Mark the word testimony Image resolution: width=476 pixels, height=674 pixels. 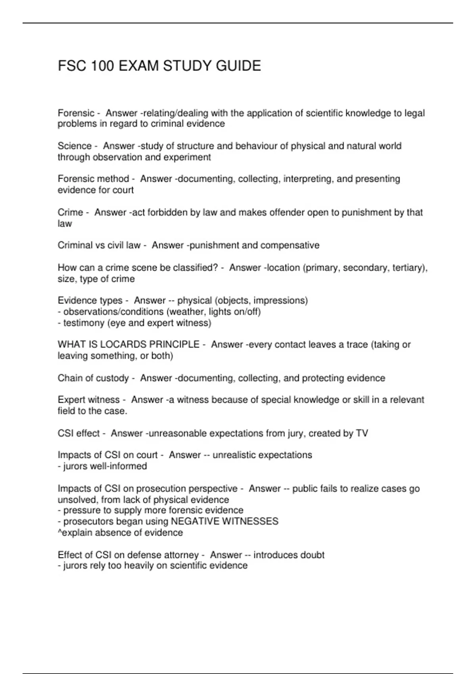(84, 323)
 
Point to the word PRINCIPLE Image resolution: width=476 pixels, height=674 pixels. (175, 345)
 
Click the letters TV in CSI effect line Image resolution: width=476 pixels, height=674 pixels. (362, 433)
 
